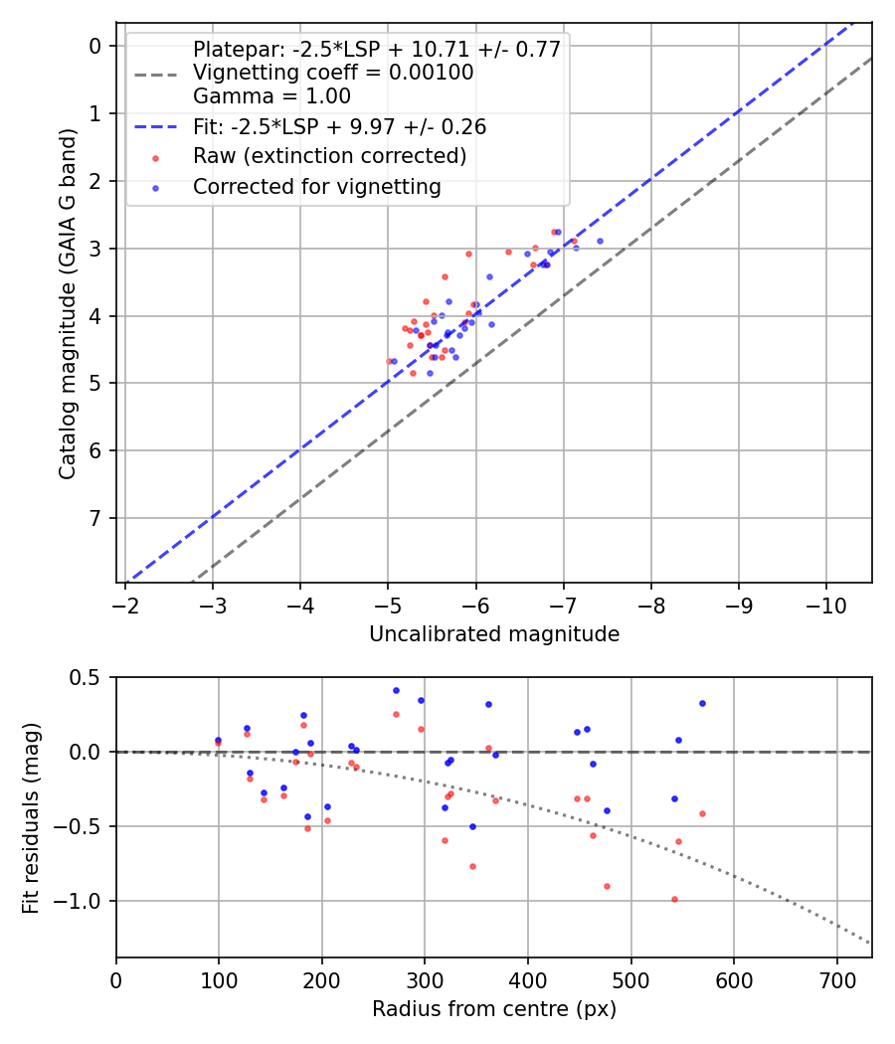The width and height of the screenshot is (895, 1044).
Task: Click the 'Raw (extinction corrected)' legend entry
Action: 329,156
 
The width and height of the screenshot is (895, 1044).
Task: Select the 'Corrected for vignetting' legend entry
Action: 316,186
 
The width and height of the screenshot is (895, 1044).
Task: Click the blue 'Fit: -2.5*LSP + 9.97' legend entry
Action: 339,127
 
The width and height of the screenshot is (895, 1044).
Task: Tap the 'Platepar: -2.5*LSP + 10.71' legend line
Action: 377,49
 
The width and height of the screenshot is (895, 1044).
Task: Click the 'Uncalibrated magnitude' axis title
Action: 494,634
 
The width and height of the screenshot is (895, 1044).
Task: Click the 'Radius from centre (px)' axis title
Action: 494,1009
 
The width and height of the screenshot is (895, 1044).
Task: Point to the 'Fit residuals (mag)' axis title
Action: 31,817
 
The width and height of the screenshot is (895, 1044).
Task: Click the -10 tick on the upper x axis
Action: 826,604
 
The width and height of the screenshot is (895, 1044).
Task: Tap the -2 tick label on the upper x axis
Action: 125,604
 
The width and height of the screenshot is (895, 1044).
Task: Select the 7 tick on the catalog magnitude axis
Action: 95,518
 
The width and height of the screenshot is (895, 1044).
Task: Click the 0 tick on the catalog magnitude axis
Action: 95,46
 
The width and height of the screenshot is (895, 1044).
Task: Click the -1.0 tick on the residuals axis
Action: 86,901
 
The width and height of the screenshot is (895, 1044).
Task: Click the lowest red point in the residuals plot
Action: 674,899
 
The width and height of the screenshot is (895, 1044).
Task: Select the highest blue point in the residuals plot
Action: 396,690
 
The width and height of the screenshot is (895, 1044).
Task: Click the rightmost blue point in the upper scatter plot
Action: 600,241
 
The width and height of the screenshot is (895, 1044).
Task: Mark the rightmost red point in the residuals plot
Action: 702,813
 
